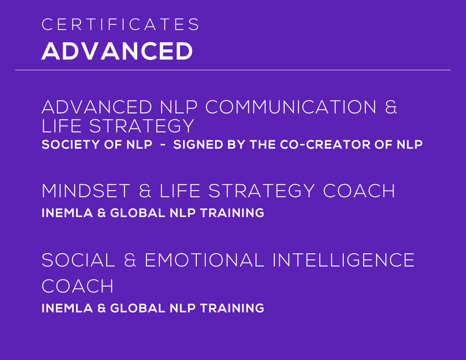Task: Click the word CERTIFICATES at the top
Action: [x=120, y=24]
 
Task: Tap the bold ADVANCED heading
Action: [x=117, y=51]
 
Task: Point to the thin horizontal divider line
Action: [x=233, y=70]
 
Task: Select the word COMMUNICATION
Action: [x=291, y=107]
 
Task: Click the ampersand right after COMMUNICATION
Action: [x=391, y=107]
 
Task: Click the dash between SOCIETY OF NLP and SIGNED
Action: [x=163, y=145]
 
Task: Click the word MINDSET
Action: [x=86, y=191]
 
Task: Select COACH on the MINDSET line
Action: [x=359, y=191]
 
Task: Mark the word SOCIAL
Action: [x=78, y=260]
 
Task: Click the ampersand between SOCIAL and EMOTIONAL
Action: [x=130, y=260]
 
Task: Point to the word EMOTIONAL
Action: [x=204, y=260]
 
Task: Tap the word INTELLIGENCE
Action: [x=344, y=260]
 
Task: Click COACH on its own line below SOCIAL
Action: [x=77, y=286]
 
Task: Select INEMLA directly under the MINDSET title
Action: [x=67, y=213]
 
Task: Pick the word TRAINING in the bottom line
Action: [x=232, y=308]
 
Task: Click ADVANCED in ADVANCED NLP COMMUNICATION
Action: [x=97, y=107]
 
